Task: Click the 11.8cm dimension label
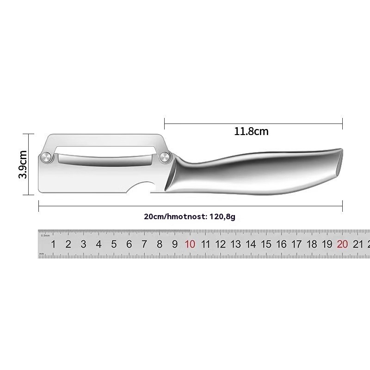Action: [x=251, y=131]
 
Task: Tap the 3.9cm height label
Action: [x=23, y=164]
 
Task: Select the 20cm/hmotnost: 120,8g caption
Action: [x=190, y=216]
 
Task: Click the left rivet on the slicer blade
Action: [x=46, y=157]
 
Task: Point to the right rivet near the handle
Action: [x=165, y=157]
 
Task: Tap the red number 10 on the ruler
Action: [x=190, y=244]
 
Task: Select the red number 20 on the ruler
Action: [x=342, y=244]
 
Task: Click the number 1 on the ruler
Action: [x=53, y=244]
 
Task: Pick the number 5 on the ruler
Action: [x=114, y=244]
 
